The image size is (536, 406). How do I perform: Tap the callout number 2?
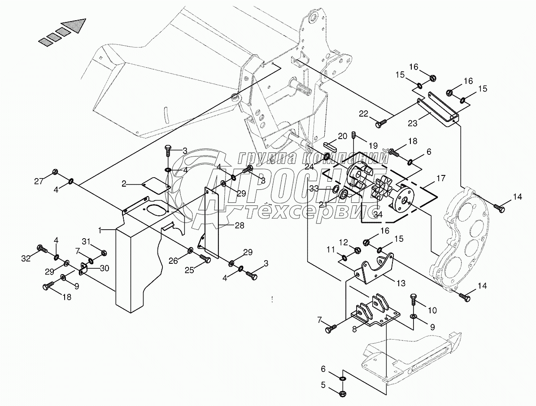point(124,183)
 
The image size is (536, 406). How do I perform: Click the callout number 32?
point(26,258)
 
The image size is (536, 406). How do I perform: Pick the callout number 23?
point(413,123)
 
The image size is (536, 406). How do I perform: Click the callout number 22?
point(363,114)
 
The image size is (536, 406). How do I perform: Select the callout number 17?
point(441,178)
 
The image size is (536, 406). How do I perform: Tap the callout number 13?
point(401,283)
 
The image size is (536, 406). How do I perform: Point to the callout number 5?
point(323,384)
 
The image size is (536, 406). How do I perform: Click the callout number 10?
point(432,310)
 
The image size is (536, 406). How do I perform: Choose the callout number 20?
point(342,136)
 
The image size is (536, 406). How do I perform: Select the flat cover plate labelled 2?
point(156,184)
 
